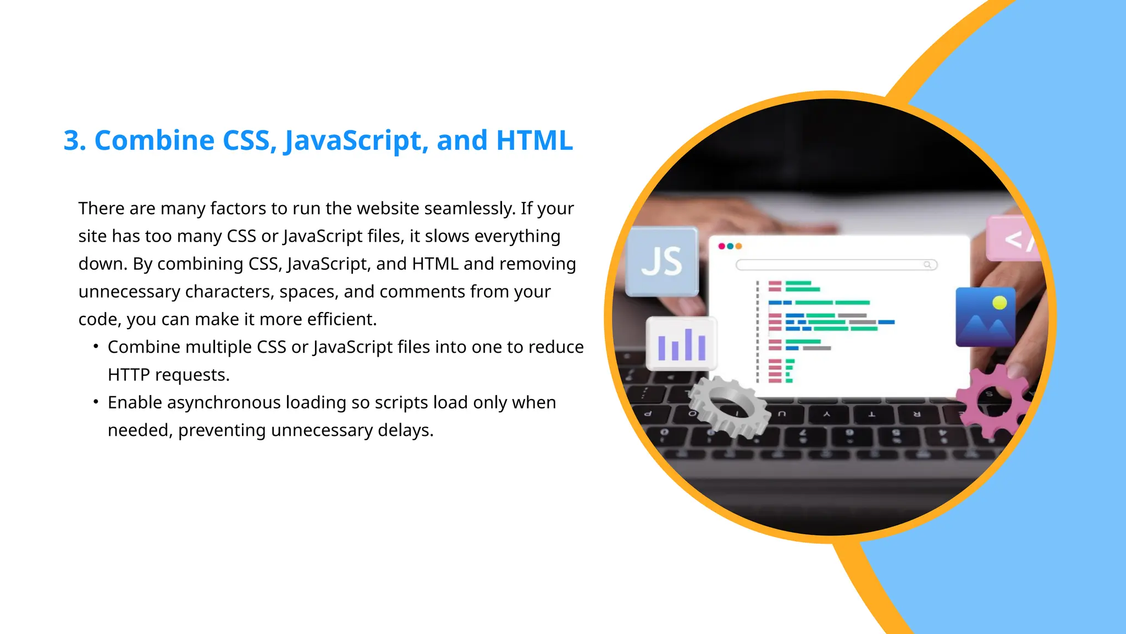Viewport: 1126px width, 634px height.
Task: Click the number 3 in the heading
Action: coord(74,140)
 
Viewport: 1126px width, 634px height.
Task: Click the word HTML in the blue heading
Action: coord(534,140)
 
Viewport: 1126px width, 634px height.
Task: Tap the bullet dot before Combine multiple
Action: coord(96,346)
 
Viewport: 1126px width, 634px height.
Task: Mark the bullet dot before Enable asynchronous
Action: coord(96,402)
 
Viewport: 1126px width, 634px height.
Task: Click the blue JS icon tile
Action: coord(662,261)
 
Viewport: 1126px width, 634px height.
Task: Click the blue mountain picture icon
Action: coord(985,318)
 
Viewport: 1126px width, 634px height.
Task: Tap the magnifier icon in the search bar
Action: coord(928,265)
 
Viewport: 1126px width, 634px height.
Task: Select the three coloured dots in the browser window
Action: coord(730,246)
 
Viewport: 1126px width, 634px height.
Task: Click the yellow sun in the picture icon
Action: coord(1000,303)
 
